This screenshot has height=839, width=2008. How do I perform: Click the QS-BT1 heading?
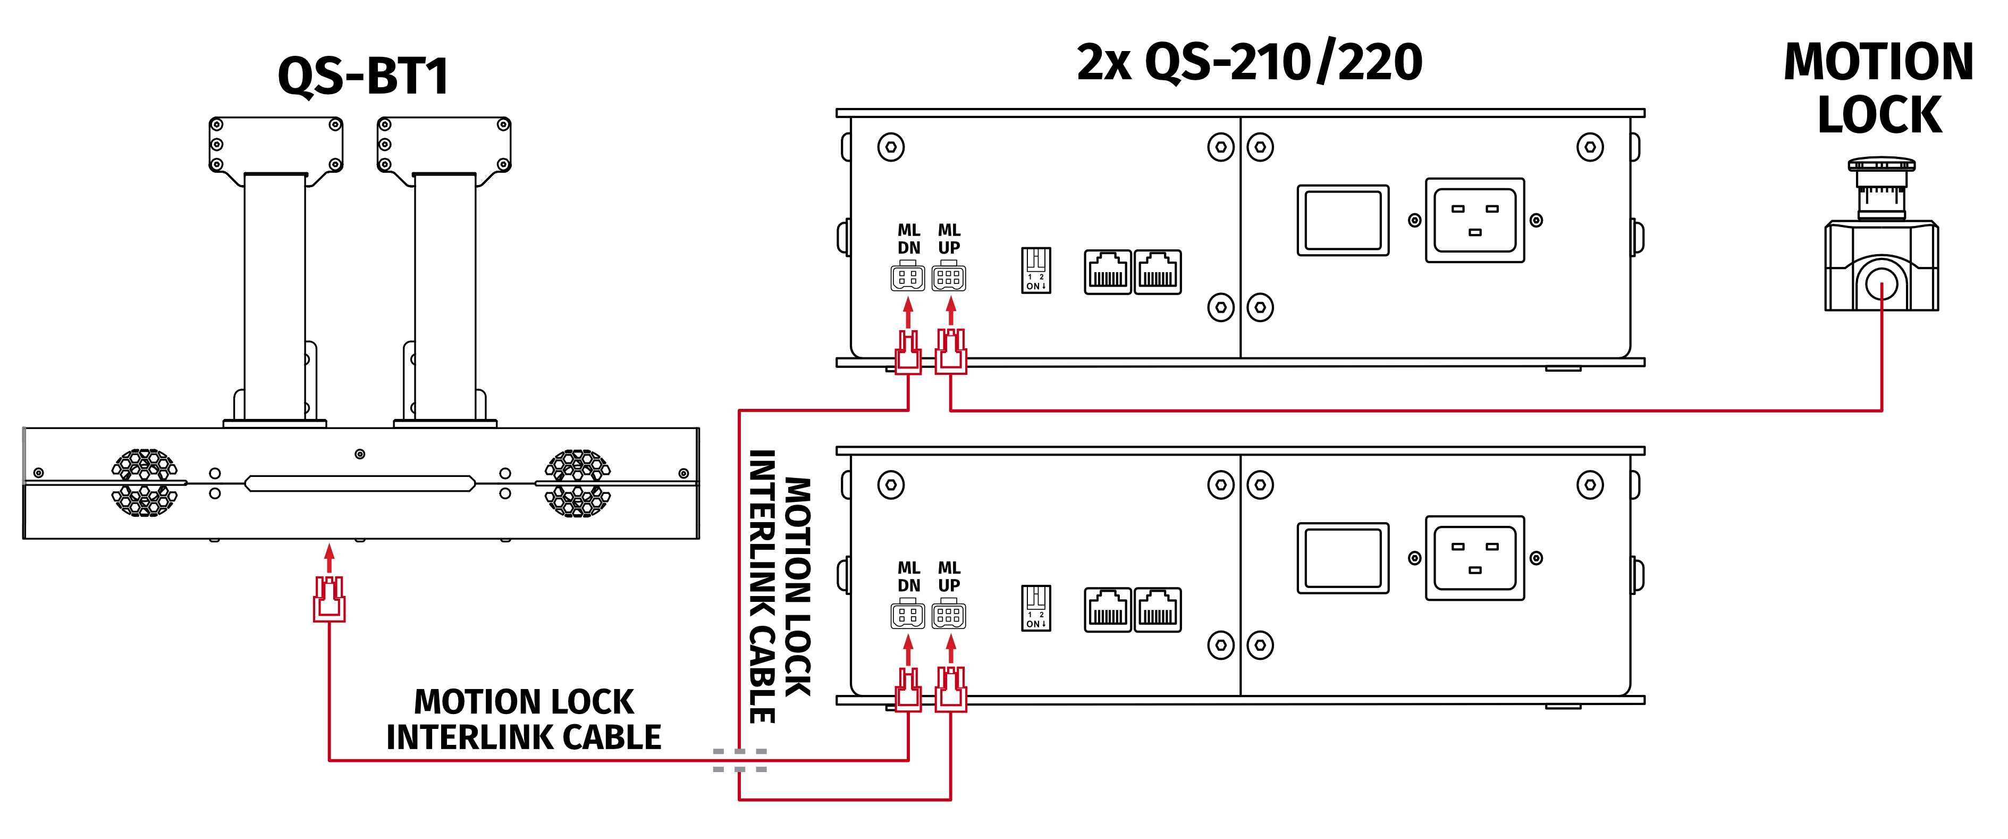click(x=363, y=77)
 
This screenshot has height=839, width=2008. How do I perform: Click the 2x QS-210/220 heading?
click(x=1249, y=62)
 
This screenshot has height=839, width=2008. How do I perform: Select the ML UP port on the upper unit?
click(x=949, y=278)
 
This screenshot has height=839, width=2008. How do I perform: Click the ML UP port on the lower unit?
click(x=949, y=615)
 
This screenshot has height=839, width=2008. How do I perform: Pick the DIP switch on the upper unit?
click(x=1036, y=270)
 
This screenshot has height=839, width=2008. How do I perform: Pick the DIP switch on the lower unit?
click(x=1036, y=607)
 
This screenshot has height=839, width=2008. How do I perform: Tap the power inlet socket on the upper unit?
click(x=1475, y=220)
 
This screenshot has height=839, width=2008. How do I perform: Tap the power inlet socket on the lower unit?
click(x=1475, y=558)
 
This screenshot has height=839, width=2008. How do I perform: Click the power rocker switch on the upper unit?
click(x=1343, y=220)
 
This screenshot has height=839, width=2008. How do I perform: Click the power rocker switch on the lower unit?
click(x=1343, y=558)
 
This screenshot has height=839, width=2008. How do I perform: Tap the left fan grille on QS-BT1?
click(x=145, y=483)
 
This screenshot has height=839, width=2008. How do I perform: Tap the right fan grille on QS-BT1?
click(x=578, y=483)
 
